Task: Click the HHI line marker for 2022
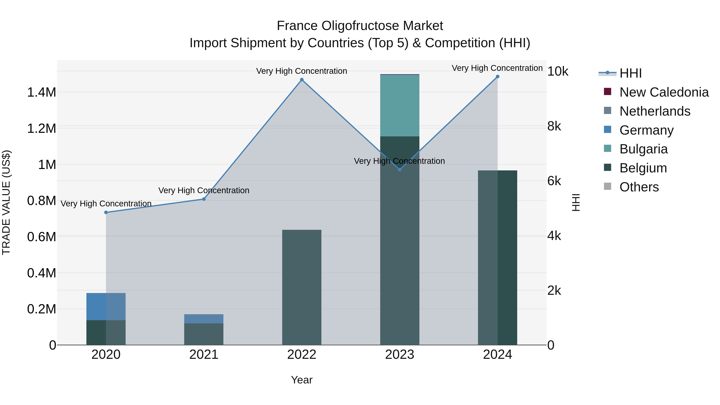[x=302, y=80]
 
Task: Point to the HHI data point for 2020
[x=106, y=212]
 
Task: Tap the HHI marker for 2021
[x=204, y=199]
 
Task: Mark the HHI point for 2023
[x=399, y=170]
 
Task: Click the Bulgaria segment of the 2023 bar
[x=399, y=106]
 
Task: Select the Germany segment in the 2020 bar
[x=106, y=306]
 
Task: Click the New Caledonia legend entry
[x=664, y=92]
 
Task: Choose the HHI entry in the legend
[x=630, y=73]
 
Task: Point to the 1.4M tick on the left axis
[x=41, y=92]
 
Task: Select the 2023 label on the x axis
[x=399, y=355]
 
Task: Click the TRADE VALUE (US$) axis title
[x=6, y=202]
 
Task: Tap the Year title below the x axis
[x=302, y=380]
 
